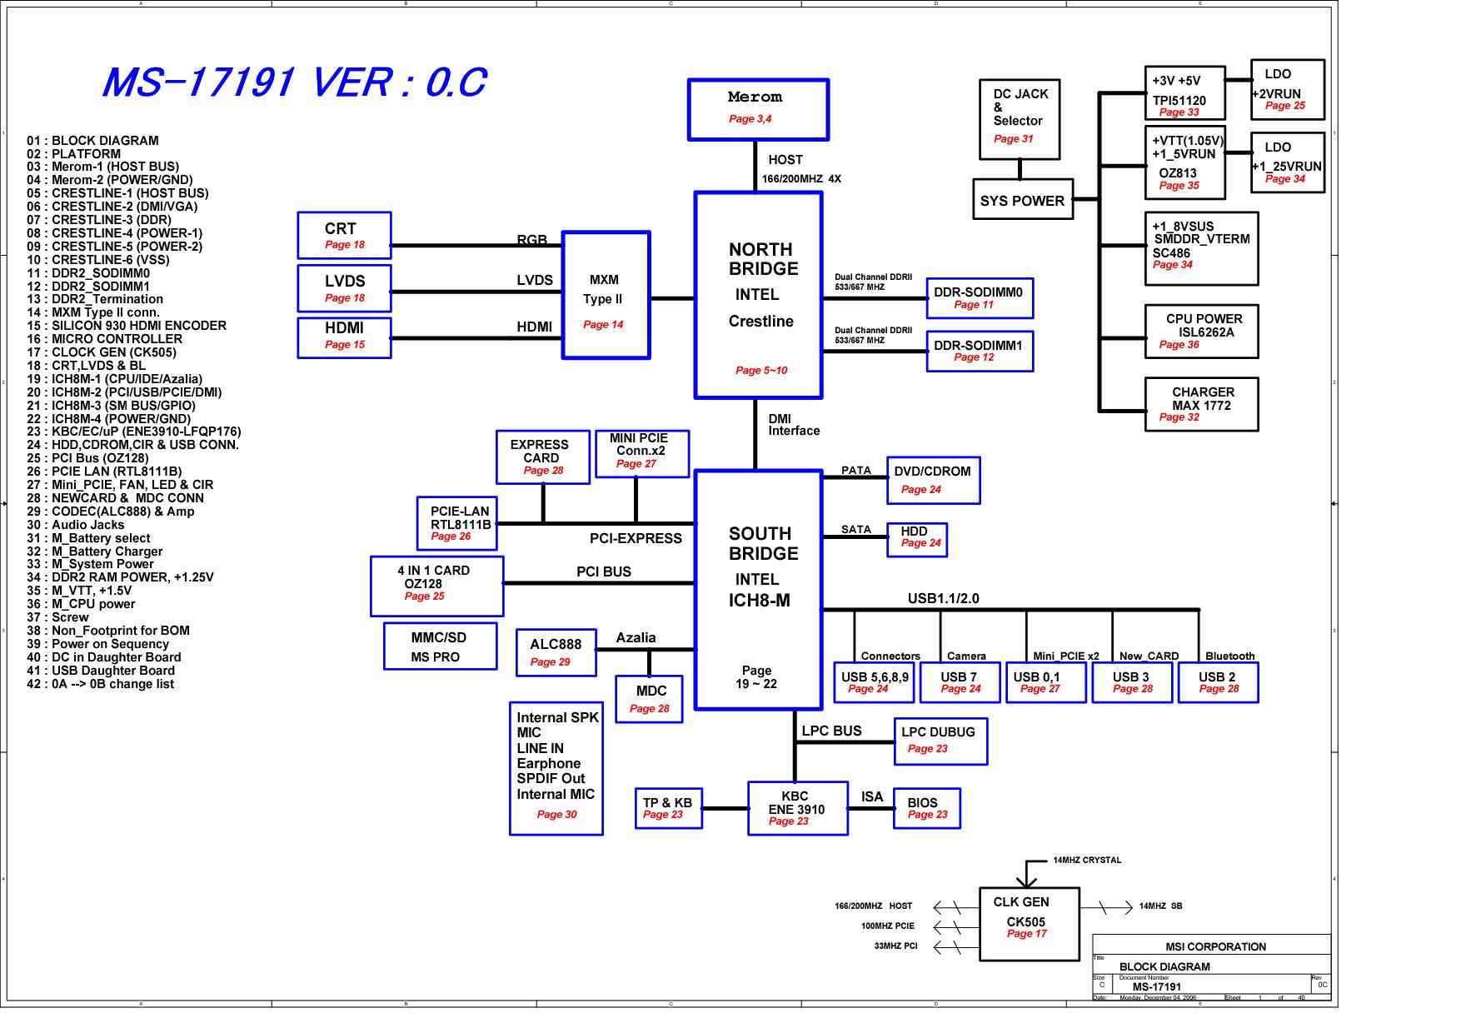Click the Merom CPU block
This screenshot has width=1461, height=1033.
(x=758, y=109)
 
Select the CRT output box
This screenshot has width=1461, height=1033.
(x=344, y=236)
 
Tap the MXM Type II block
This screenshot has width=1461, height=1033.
(x=606, y=296)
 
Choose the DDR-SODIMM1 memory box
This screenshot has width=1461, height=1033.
(x=980, y=351)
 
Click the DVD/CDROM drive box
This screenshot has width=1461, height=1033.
(x=933, y=481)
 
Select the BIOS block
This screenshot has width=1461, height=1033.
(x=927, y=808)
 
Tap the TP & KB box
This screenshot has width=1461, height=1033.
(x=668, y=808)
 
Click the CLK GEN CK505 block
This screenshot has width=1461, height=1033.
(x=1030, y=924)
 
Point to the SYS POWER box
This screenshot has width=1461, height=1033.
(x=1023, y=200)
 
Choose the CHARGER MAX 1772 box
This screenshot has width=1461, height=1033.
(x=1201, y=404)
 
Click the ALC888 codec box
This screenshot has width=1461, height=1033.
(x=556, y=652)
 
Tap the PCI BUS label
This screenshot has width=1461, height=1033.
(x=604, y=572)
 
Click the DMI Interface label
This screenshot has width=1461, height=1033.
(x=794, y=425)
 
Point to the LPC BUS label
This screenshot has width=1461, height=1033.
(x=831, y=731)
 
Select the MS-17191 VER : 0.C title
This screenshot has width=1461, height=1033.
(x=293, y=82)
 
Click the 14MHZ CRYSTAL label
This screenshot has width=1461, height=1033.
(x=1087, y=861)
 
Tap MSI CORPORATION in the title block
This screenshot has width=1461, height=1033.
(x=1215, y=947)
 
